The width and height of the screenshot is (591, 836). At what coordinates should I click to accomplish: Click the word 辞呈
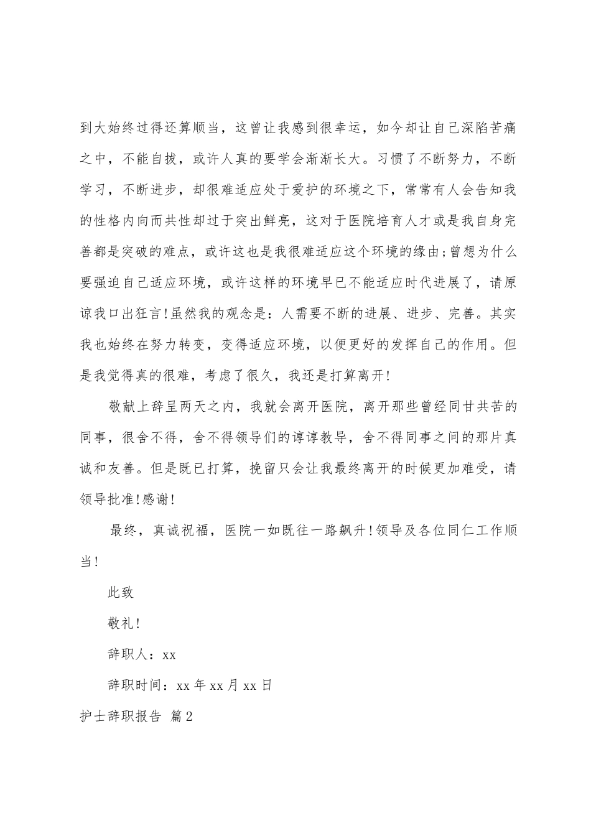(168, 407)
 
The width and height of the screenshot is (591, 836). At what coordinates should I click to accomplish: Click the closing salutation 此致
(121, 592)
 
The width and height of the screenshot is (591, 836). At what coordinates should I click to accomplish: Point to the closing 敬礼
(121, 623)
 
